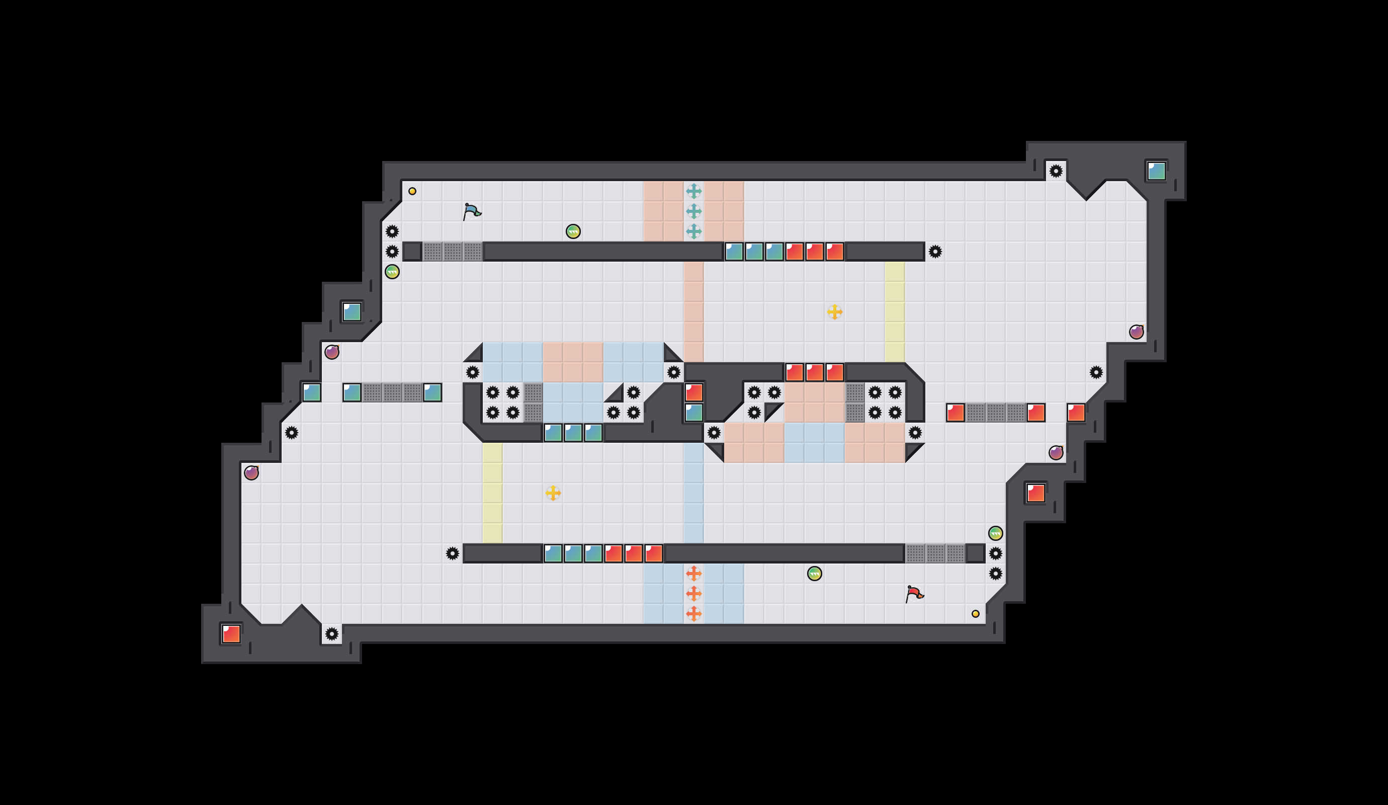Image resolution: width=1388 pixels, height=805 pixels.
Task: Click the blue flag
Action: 472,212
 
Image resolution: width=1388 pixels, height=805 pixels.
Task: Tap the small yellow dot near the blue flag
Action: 412,191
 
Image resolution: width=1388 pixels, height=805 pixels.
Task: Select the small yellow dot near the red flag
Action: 976,614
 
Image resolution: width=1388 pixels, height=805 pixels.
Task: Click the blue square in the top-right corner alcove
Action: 1156,172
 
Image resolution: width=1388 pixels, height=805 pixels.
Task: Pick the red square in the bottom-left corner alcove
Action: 231,633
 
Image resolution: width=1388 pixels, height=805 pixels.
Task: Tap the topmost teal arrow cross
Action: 693,191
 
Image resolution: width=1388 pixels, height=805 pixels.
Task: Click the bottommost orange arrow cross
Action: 693,613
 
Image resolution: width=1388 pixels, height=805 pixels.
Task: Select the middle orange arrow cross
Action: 693,593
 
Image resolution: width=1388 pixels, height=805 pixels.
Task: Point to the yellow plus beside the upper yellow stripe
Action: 834,312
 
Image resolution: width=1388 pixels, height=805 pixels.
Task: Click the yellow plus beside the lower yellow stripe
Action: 553,493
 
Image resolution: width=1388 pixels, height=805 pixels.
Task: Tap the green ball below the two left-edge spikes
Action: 392,272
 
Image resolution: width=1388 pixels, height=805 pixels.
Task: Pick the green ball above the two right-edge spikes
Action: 995,533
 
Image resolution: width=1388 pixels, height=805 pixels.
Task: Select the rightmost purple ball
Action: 1136,332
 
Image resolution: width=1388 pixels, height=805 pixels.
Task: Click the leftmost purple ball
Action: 251,473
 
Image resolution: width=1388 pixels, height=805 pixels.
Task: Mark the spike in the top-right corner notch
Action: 1055,171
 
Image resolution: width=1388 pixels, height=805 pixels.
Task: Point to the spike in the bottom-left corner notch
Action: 331,633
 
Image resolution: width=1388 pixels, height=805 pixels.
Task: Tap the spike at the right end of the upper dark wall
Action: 935,252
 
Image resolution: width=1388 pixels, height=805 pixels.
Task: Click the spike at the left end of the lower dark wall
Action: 452,553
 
